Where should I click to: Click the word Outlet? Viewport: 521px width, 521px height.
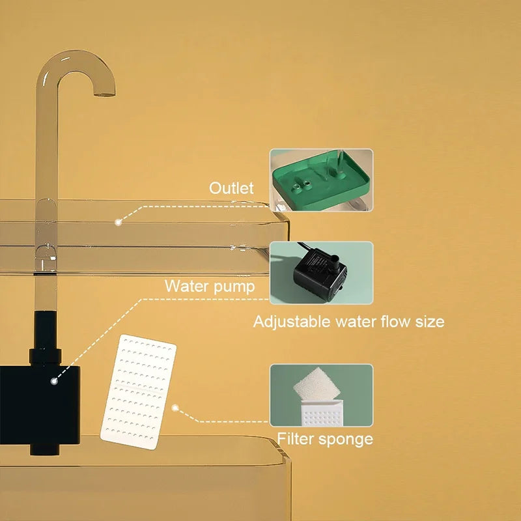[x=231, y=188]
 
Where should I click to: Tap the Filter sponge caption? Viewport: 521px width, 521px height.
[x=325, y=438]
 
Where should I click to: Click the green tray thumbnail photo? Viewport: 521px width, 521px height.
[x=322, y=180]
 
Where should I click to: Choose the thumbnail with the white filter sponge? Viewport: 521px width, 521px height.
[x=322, y=395]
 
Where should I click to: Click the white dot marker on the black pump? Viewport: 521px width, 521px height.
[x=54, y=380]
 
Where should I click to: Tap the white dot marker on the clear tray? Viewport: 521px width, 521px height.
[x=119, y=222]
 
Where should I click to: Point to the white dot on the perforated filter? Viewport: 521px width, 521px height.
[x=175, y=408]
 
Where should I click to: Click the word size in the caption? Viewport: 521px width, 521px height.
[x=429, y=321]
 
